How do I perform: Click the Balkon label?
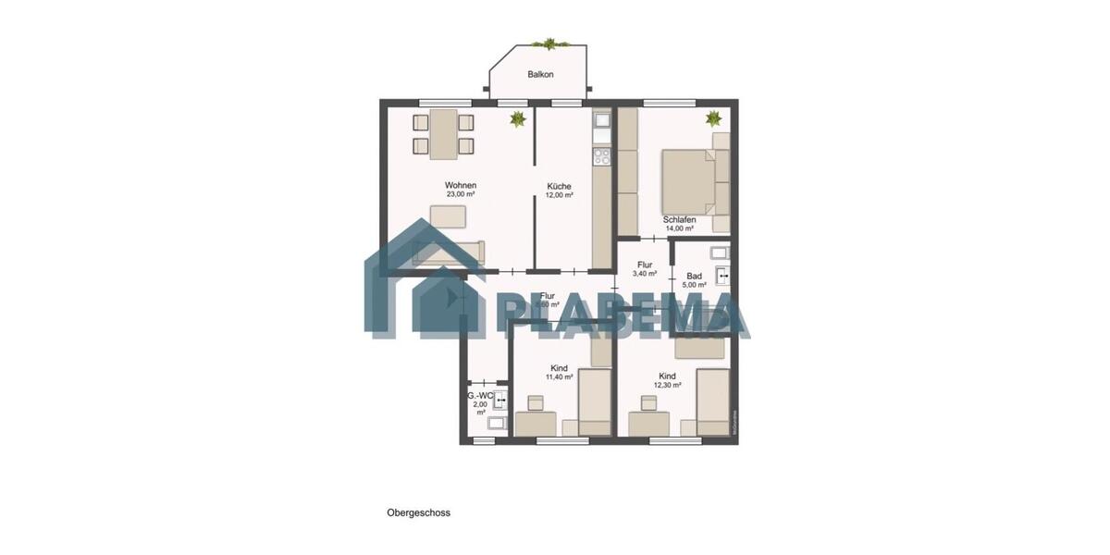coord(540,74)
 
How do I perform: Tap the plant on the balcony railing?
coord(549,43)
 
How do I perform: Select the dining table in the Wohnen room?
coord(442,134)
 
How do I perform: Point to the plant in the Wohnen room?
coord(517,118)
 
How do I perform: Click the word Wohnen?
coord(460,185)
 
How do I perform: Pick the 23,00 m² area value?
coord(460,195)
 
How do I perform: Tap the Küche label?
coord(559,185)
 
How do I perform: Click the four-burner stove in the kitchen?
coord(601,155)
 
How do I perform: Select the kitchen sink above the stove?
coord(601,121)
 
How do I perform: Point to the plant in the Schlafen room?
coord(713,118)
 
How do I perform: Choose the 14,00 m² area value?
coord(680,228)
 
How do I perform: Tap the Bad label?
coord(694,276)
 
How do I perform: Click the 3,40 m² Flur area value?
coord(645,274)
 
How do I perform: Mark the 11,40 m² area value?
coord(559,377)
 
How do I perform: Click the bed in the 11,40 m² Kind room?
coord(592,400)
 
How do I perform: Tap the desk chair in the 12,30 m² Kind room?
coord(648,402)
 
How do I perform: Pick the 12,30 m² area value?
coord(667,386)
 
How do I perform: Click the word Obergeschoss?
coord(418,512)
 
